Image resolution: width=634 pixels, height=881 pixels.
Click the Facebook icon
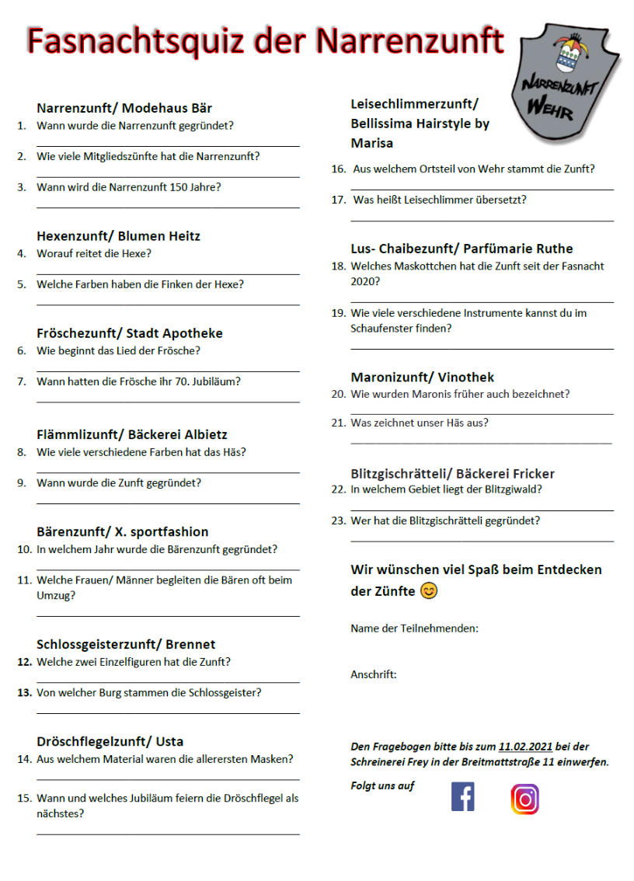[x=462, y=797]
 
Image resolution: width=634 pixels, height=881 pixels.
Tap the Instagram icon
[x=524, y=799]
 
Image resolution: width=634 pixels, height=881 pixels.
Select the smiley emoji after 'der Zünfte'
[x=429, y=591]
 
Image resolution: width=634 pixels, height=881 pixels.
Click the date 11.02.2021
[x=525, y=746]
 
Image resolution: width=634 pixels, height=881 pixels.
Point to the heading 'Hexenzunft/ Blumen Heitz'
[x=118, y=235]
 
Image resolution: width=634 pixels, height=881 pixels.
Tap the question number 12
[x=24, y=662]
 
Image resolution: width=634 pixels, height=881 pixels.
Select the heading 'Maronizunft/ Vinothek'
[x=422, y=377]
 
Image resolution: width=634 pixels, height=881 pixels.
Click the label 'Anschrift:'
[x=373, y=674]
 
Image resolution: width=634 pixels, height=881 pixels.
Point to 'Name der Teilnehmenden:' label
[x=414, y=628]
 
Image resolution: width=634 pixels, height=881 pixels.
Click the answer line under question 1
[x=168, y=145]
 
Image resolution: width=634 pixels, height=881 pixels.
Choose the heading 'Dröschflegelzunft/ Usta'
[x=110, y=740]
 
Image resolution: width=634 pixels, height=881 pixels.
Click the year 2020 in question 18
[x=365, y=280]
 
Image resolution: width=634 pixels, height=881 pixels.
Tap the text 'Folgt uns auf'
[x=382, y=785]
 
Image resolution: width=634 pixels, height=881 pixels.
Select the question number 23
[x=338, y=521]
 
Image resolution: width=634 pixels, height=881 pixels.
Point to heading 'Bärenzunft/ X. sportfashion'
[x=122, y=531]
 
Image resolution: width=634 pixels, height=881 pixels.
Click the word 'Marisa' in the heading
[x=371, y=143]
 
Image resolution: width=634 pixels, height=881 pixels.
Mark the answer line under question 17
[x=482, y=221]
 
